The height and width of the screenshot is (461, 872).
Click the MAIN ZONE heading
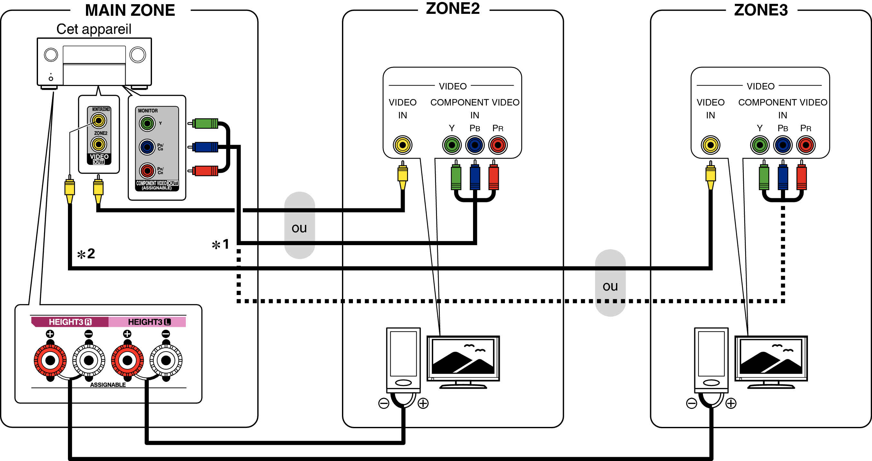[x=130, y=10]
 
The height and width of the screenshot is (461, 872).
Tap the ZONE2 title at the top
[x=453, y=8]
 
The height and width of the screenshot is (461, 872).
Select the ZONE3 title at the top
[x=761, y=10]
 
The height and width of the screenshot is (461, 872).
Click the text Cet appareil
[x=94, y=29]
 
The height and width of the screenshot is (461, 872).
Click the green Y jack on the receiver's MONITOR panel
[x=147, y=124]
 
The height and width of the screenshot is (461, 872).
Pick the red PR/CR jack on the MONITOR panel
[x=147, y=171]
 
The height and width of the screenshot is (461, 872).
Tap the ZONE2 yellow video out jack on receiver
[x=99, y=144]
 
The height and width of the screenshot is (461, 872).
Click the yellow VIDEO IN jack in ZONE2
[x=402, y=145]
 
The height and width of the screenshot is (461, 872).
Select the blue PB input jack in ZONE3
[x=782, y=145]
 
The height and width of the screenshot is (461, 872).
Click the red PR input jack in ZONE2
[x=498, y=145]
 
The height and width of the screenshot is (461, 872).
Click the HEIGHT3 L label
[x=149, y=322]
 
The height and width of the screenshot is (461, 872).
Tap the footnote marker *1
[x=220, y=244]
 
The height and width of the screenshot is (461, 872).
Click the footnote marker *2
[x=86, y=254]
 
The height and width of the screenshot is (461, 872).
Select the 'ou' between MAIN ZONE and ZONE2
[x=299, y=228]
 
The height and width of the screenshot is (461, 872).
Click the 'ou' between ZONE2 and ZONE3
[x=610, y=286]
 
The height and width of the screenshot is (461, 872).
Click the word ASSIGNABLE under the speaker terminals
[x=108, y=384]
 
